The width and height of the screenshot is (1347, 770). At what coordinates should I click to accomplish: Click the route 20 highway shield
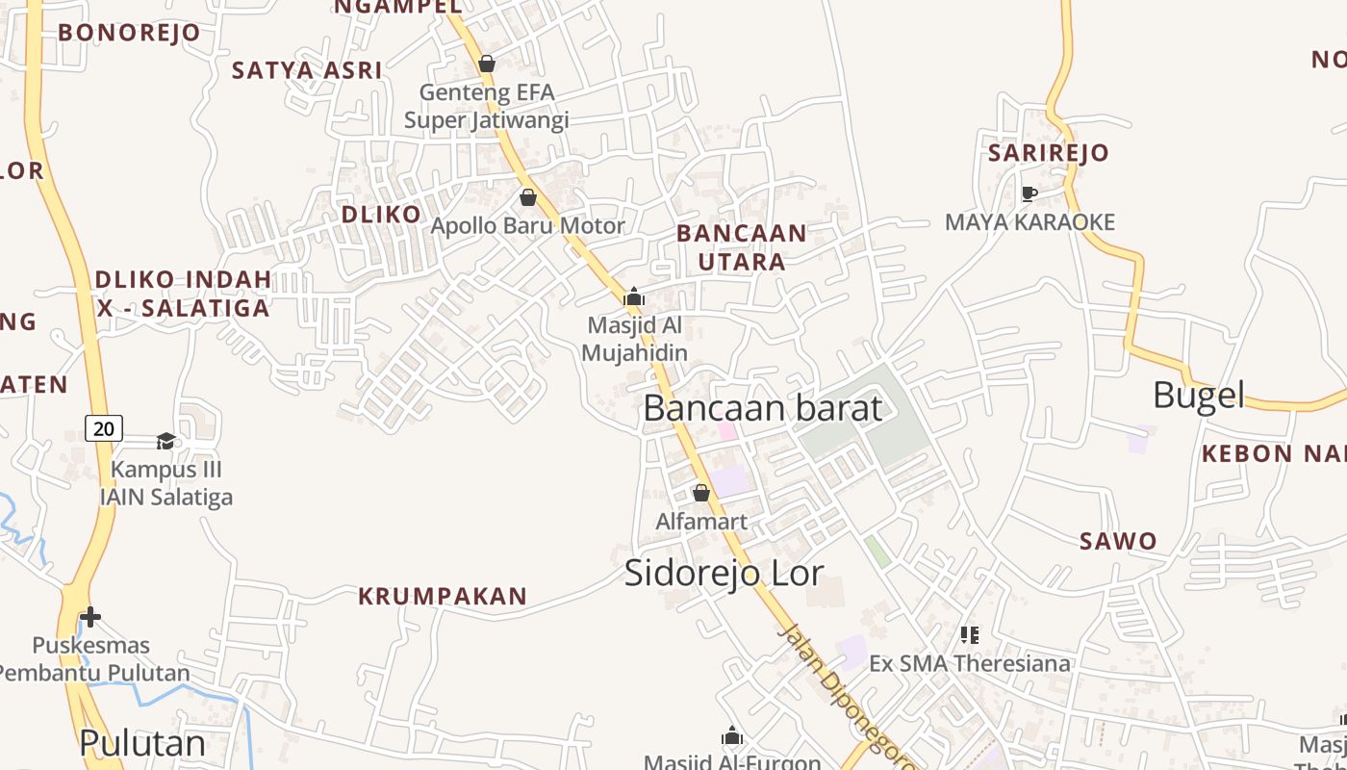(104, 426)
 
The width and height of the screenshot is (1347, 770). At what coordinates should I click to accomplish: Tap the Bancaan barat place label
(762, 408)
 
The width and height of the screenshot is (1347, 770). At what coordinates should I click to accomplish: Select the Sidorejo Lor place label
(724, 573)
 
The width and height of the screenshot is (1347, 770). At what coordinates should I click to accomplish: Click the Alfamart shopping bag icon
(701, 493)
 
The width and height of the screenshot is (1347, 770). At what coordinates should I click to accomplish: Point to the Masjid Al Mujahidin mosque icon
(634, 296)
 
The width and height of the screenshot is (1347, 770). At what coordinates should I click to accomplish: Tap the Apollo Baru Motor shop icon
(528, 197)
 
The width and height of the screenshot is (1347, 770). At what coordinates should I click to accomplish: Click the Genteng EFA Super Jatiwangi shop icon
(487, 64)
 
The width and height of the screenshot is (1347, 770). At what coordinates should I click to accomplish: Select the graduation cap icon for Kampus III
(166, 441)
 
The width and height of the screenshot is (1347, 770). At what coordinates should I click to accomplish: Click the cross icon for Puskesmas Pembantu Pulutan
(90, 616)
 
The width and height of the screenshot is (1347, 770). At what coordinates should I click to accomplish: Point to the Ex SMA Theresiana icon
(969, 634)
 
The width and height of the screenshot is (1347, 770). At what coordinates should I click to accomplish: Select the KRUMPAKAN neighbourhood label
(443, 597)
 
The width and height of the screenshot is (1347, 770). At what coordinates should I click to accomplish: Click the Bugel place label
(1198, 395)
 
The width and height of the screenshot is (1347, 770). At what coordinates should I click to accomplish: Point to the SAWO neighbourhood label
(1118, 541)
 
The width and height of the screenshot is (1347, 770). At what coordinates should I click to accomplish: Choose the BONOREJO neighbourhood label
(129, 33)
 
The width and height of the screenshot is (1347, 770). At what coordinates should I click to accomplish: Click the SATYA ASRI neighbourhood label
(307, 70)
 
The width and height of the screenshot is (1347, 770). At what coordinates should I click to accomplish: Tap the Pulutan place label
(142, 743)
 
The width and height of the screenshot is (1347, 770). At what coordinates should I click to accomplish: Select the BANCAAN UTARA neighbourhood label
(741, 247)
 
